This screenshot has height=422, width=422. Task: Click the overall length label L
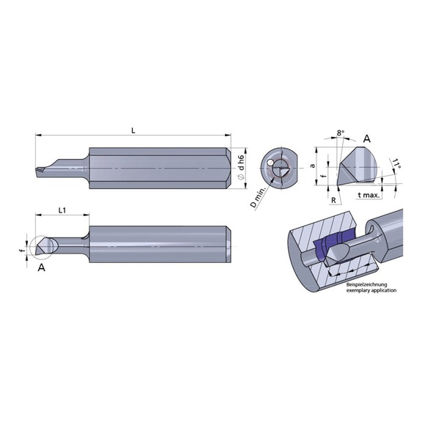[133, 129]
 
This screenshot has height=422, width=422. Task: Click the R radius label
[333, 197]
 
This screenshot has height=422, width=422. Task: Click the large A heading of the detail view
[366, 138]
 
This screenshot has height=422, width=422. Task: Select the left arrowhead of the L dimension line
[37, 136]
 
